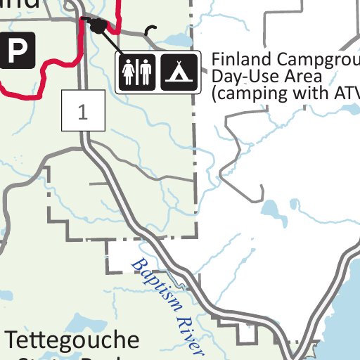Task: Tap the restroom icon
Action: tap(136, 72)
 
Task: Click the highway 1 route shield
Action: tap(83, 112)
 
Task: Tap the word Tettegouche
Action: tap(72, 341)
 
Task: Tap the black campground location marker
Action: tap(98, 27)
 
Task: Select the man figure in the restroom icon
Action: tap(145, 72)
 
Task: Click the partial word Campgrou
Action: tap(316, 59)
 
